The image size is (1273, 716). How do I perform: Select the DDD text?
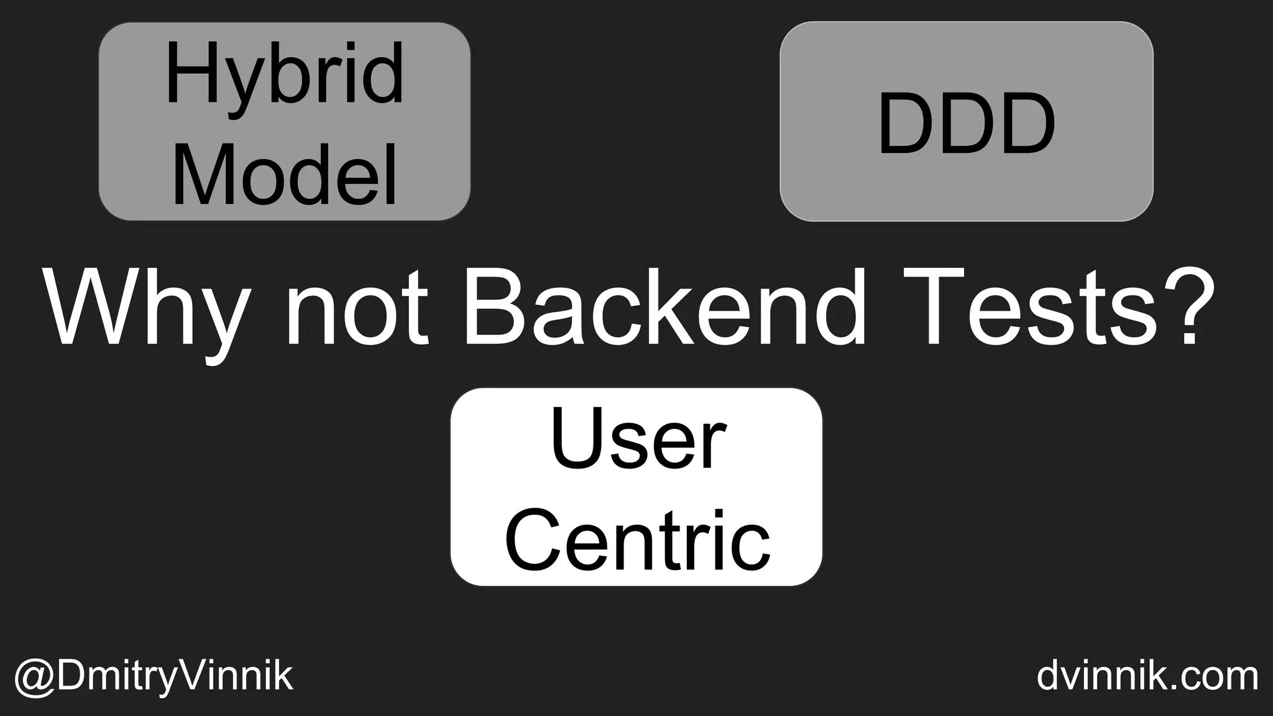tap(966, 124)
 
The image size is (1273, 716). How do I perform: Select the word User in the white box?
tap(637, 440)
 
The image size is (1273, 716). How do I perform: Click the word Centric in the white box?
tap(637, 539)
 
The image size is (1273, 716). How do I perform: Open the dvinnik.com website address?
tap(1147, 676)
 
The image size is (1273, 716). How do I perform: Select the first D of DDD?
tap(906, 124)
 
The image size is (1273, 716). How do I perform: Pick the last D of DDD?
tap(1026, 124)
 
